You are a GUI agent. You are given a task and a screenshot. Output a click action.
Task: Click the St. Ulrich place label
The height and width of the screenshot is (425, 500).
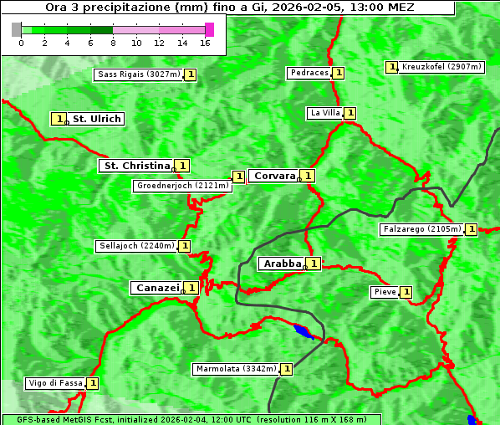click(x=96, y=119)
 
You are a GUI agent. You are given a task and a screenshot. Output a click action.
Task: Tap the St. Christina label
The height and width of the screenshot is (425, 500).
click(x=135, y=166)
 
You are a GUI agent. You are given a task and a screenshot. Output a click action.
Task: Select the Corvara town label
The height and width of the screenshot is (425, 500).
click(x=274, y=176)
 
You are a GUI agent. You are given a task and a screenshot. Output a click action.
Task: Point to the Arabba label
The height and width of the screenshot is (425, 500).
click(x=282, y=264)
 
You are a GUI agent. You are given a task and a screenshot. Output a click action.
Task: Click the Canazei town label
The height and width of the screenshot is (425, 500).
click(x=156, y=287)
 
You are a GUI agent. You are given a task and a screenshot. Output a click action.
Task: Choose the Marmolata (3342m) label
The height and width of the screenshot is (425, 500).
click(x=235, y=369)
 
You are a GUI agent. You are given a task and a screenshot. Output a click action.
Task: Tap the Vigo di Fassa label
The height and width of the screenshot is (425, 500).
click(x=55, y=383)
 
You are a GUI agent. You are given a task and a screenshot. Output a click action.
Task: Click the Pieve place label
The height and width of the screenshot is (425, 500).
click(x=384, y=292)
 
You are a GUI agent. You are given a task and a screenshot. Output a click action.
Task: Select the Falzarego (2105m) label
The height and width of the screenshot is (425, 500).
click(x=421, y=228)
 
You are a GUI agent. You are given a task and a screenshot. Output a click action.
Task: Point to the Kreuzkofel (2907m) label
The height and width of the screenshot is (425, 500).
click(x=441, y=66)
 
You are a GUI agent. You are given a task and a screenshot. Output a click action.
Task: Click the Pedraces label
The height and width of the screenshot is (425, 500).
click(x=309, y=73)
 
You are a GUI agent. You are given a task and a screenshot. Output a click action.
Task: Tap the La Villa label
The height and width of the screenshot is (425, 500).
click(x=324, y=113)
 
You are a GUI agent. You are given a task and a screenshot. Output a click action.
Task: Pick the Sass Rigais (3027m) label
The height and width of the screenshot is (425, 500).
click(x=138, y=74)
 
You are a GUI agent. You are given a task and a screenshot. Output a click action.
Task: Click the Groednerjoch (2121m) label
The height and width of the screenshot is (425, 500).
click(x=181, y=186)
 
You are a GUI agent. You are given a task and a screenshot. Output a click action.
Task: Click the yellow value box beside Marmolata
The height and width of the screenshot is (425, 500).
click(x=287, y=369)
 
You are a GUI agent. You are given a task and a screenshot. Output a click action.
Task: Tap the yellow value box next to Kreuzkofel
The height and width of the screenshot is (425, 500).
click(x=390, y=66)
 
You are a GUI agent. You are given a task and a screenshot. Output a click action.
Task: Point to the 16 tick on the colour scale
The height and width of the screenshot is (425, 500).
click(x=206, y=42)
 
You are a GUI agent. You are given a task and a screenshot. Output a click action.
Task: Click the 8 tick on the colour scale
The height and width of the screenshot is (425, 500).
click(x=113, y=42)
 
